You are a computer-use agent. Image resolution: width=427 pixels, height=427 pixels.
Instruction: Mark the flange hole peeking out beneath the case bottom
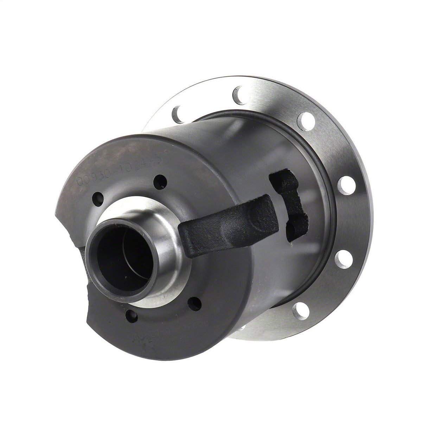(x=242, y=329)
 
